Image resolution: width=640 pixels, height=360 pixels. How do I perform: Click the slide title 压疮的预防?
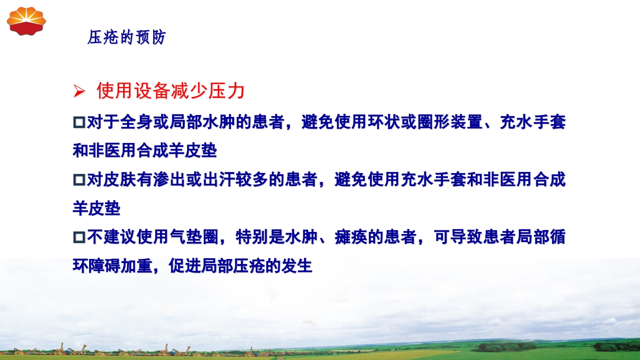pyautogui.click(x=126, y=37)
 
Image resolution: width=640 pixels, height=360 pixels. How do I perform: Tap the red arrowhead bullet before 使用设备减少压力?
pyautogui.click(x=78, y=91)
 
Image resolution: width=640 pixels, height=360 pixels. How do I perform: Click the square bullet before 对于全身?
pyautogui.click(x=79, y=122)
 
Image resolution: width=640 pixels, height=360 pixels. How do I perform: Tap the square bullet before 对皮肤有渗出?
pyautogui.click(x=79, y=179)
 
